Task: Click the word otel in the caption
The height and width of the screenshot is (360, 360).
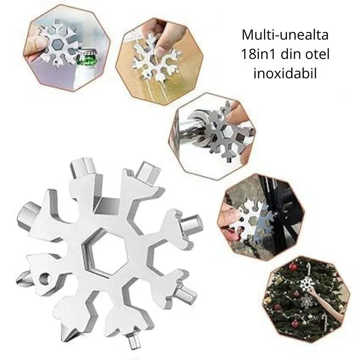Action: (x=318, y=54)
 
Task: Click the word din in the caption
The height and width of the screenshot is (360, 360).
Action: (x=293, y=54)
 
